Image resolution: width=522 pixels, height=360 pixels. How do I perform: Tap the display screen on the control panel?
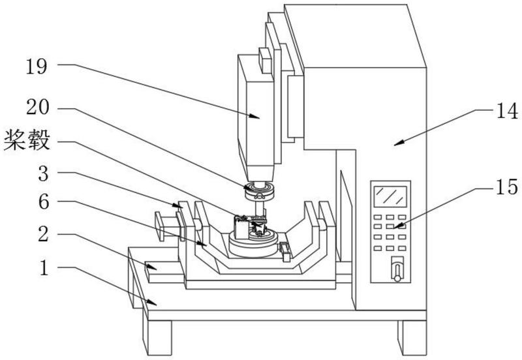tap(390, 196)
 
